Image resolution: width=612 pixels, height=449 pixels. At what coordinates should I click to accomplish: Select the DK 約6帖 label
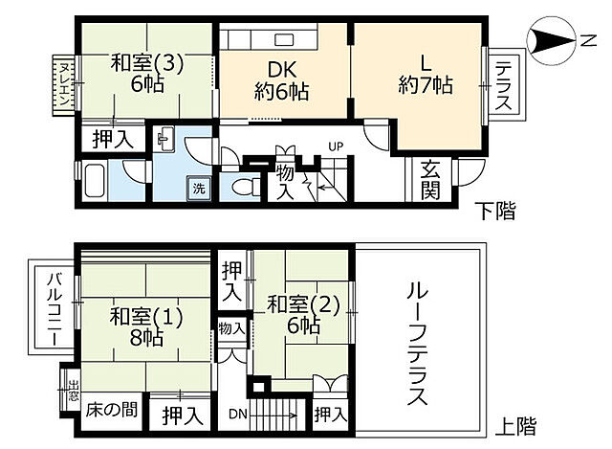pyautogui.click(x=281, y=80)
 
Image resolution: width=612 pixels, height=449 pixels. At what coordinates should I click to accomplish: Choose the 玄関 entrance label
pyautogui.click(x=429, y=178)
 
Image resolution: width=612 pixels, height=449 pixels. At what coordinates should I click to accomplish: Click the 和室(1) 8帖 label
pyautogui.click(x=143, y=326)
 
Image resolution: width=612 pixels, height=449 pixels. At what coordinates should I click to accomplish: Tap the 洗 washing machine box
pyautogui.click(x=199, y=188)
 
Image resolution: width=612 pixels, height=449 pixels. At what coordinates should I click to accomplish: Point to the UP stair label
pyautogui.click(x=335, y=146)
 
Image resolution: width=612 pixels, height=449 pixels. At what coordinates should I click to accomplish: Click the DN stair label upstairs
pyautogui.click(x=237, y=415)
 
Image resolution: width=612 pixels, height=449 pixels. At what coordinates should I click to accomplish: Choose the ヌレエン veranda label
pyautogui.click(x=62, y=83)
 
